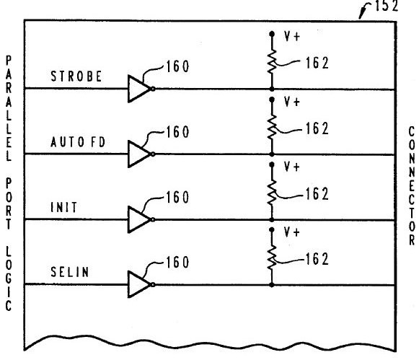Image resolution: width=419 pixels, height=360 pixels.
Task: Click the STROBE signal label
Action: click(x=76, y=76)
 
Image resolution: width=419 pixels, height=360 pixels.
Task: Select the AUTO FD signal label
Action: click(x=78, y=142)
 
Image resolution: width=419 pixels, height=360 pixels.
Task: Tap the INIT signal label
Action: click(x=64, y=207)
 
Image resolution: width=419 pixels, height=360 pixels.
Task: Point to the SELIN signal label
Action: click(x=69, y=272)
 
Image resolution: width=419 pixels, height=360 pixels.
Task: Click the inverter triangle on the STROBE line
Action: click(x=139, y=89)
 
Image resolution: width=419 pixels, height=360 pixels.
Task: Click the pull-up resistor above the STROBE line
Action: click(x=272, y=61)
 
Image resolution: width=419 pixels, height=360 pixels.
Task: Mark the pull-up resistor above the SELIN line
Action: click(x=272, y=258)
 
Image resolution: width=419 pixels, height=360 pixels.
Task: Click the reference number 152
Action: click(x=387, y=6)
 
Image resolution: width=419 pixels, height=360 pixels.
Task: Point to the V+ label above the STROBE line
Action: click(x=292, y=36)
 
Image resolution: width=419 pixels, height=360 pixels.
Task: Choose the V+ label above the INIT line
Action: click(x=292, y=167)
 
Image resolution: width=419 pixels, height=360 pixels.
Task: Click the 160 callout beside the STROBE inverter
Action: click(x=177, y=66)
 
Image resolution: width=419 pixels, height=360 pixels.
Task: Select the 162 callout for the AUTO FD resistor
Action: click(x=317, y=128)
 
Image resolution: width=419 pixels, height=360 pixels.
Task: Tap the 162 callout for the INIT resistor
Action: click(x=317, y=194)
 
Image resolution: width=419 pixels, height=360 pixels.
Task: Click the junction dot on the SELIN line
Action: click(x=272, y=285)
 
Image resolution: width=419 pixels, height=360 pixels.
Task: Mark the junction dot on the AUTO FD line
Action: click(x=272, y=154)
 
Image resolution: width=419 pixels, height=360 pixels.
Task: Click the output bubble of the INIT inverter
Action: click(x=153, y=220)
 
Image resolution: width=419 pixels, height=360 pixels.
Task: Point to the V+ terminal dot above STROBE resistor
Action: click(x=272, y=34)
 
